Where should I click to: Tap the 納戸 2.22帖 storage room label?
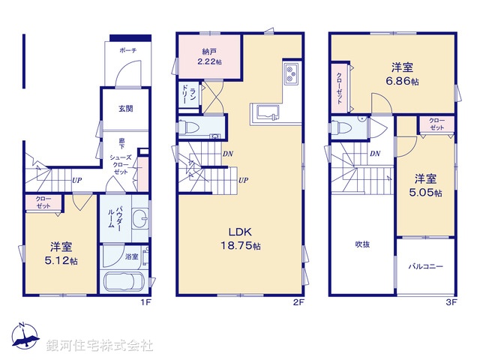pos(208,57)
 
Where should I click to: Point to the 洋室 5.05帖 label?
pos(426,185)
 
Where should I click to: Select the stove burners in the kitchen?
pos(291,75)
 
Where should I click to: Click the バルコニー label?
pos(425,265)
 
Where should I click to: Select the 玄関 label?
pos(125,109)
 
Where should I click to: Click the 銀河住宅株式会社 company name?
pos(100,346)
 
